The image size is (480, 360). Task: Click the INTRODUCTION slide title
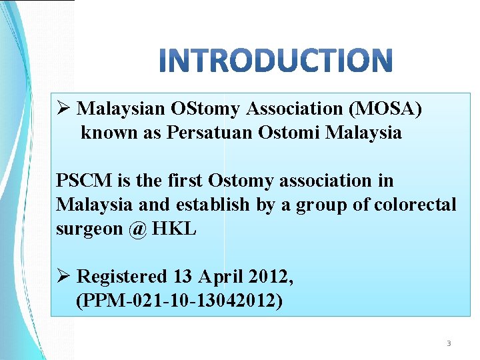pyautogui.click(x=277, y=60)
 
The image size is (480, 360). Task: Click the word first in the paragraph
pyautogui.click(x=183, y=181)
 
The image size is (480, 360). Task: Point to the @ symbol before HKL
pyautogui.click(x=138, y=229)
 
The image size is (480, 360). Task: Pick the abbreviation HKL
pyautogui.click(x=175, y=229)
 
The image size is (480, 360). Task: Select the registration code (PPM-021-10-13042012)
pyautogui.click(x=179, y=301)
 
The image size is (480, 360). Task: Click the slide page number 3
pyautogui.click(x=448, y=344)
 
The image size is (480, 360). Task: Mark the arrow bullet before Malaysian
pyautogui.click(x=64, y=109)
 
